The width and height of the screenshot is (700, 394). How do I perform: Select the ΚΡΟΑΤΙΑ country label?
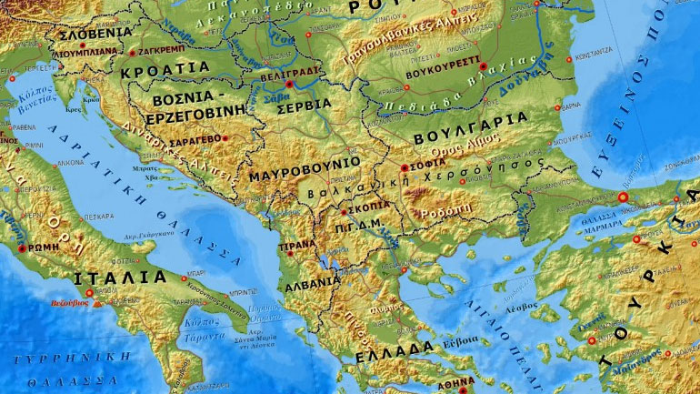coord(165,69)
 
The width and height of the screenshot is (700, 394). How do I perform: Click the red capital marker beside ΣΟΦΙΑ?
coord(405,167)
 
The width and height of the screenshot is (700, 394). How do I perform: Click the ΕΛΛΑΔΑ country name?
coord(395,349)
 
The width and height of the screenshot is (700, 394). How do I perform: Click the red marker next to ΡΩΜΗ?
coord(21,248)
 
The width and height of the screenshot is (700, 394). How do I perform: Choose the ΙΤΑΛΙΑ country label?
coord(121,277)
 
